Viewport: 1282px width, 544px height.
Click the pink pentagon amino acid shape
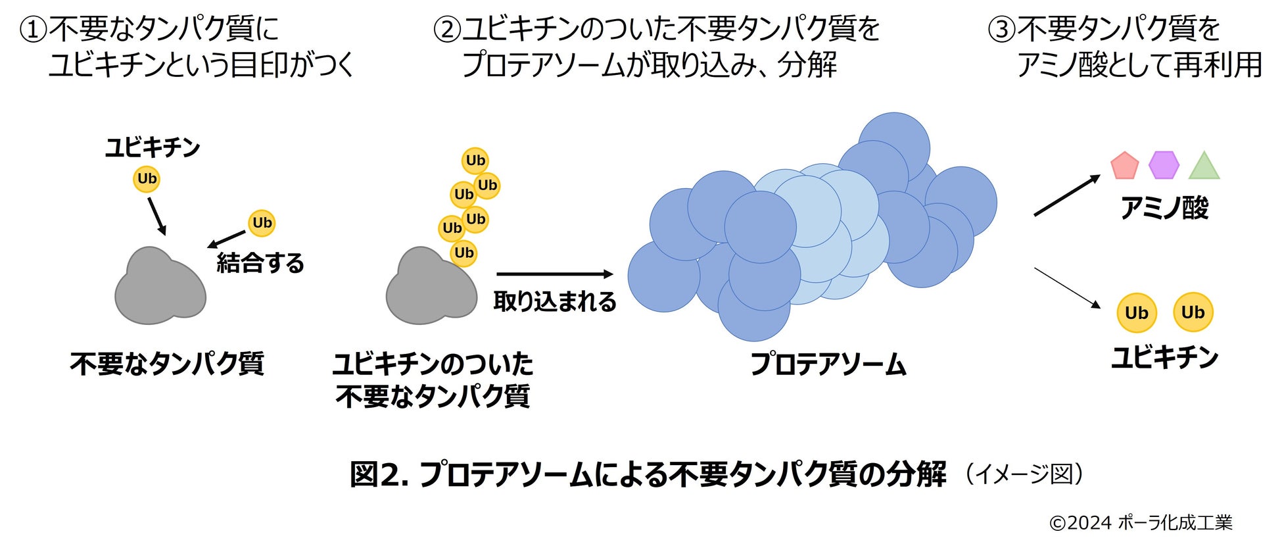click(1124, 166)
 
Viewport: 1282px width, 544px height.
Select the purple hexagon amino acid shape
click(1164, 165)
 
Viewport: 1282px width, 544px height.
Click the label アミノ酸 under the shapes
click(1164, 209)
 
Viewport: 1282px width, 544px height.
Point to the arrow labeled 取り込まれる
click(554, 274)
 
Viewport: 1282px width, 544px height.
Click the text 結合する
click(260, 263)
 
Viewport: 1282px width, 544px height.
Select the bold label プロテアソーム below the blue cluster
click(828, 364)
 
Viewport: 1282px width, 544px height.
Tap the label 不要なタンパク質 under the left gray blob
click(167, 363)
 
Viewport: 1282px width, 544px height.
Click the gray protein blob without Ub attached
click(160, 286)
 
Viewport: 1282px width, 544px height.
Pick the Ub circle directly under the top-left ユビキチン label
click(147, 179)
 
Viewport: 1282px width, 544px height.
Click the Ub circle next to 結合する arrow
click(262, 223)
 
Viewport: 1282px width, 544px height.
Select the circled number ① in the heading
click(33, 30)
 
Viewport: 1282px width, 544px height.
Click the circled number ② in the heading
click(446, 30)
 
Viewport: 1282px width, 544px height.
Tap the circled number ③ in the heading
click(1002, 30)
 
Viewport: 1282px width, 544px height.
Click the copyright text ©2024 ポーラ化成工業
click(1141, 522)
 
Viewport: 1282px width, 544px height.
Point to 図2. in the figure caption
click(379, 474)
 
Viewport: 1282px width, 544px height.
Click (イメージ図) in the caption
click(1024, 474)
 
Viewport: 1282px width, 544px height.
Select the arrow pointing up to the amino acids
click(1066, 195)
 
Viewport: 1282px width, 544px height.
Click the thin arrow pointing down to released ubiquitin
click(1067, 287)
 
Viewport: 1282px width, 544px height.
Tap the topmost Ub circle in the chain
click(475, 161)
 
